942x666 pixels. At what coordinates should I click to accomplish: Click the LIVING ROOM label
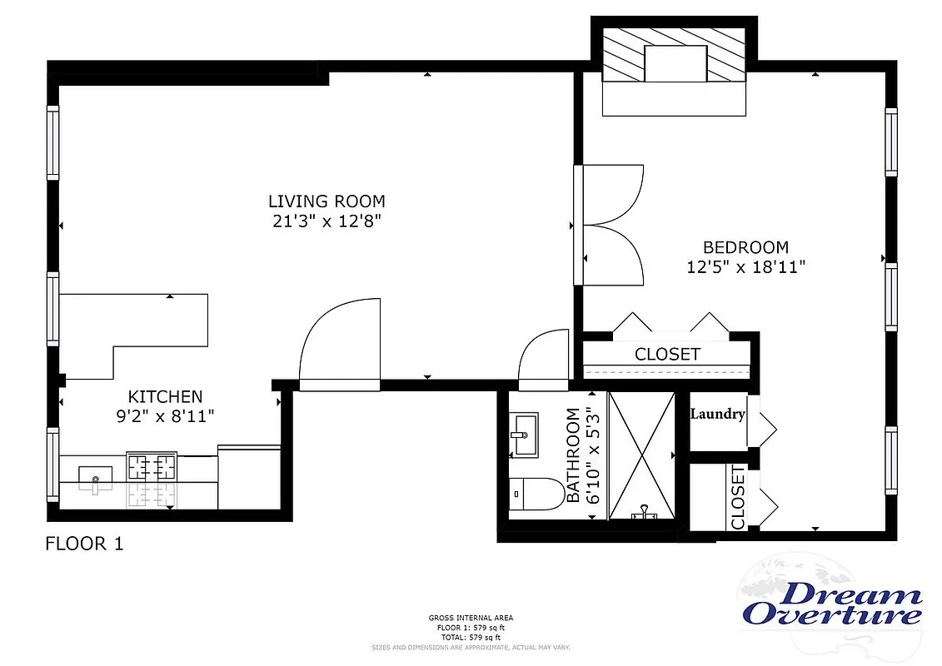point(326,201)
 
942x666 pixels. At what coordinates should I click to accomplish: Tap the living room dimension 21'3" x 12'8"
point(326,221)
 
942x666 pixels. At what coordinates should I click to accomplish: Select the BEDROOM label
point(745,247)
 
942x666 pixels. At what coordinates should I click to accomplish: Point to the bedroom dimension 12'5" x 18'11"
point(745,267)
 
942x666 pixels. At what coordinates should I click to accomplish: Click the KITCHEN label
point(165,396)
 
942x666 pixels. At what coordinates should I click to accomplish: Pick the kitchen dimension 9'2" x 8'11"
point(165,416)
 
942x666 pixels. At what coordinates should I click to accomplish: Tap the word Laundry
point(717,414)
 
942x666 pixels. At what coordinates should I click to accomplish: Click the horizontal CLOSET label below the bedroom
point(667,354)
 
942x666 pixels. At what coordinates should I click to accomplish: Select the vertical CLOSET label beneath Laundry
point(738,498)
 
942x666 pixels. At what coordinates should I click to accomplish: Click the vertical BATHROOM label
point(573,455)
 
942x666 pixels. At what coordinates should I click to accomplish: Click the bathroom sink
point(526,436)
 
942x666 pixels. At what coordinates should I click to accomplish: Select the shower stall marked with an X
point(641,454)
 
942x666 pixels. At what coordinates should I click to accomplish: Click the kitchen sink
point(96,478)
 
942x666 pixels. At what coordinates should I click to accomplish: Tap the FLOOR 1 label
point(83,544)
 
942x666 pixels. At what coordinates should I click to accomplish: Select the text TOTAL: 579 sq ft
point(471,637)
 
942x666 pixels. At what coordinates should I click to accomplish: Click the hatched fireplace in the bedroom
point(675,63)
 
